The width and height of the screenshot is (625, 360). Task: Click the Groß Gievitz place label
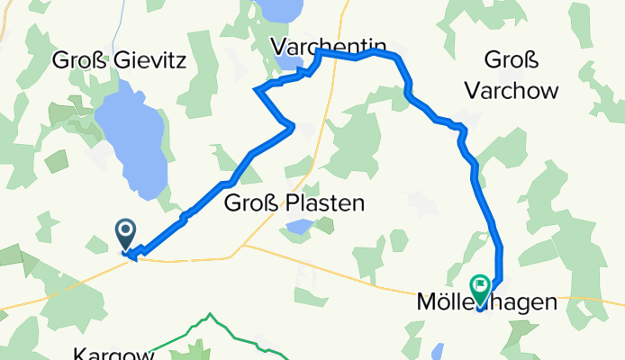tap(120, 61)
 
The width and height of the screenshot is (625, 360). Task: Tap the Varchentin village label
tap(330, 45)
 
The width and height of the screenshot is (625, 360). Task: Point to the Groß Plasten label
tap(294, 203)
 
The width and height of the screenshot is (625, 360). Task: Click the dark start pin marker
tap(126, 235)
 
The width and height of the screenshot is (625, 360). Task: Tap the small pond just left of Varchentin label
tap(289, 63)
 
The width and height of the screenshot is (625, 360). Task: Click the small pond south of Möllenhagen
tap(438, 350)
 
